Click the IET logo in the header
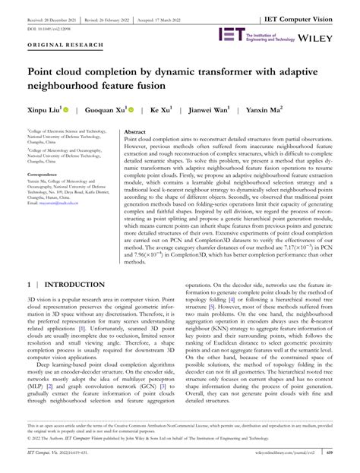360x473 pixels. coord(230,34)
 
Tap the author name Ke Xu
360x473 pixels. coord(160,110)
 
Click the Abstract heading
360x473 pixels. coord(134,131)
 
